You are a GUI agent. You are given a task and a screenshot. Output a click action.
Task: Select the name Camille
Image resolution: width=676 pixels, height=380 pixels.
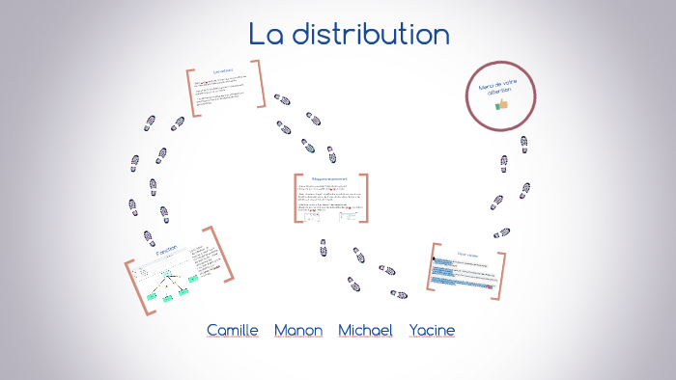[233, 330]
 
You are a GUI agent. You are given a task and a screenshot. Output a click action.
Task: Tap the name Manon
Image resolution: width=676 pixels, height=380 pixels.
[298, 330]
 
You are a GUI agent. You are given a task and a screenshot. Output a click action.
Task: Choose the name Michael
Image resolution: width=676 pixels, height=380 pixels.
[365, 330]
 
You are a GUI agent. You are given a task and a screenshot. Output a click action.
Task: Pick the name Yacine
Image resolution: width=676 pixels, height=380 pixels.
[432, 330]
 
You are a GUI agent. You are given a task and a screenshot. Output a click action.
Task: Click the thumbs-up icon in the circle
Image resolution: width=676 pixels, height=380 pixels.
[501, 105]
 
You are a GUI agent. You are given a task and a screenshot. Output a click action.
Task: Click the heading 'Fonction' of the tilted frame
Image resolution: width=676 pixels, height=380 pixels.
[167, 253]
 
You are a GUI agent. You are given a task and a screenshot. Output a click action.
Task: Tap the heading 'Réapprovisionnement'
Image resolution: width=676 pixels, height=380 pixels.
[330, 178]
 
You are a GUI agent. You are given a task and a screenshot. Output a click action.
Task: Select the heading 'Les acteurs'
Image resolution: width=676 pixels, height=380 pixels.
[223, 72]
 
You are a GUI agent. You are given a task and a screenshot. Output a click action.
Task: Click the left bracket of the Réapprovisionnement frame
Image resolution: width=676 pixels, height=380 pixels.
[297, 199]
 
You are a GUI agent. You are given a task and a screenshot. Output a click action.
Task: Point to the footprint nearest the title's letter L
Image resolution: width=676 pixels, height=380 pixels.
[282, 99]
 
